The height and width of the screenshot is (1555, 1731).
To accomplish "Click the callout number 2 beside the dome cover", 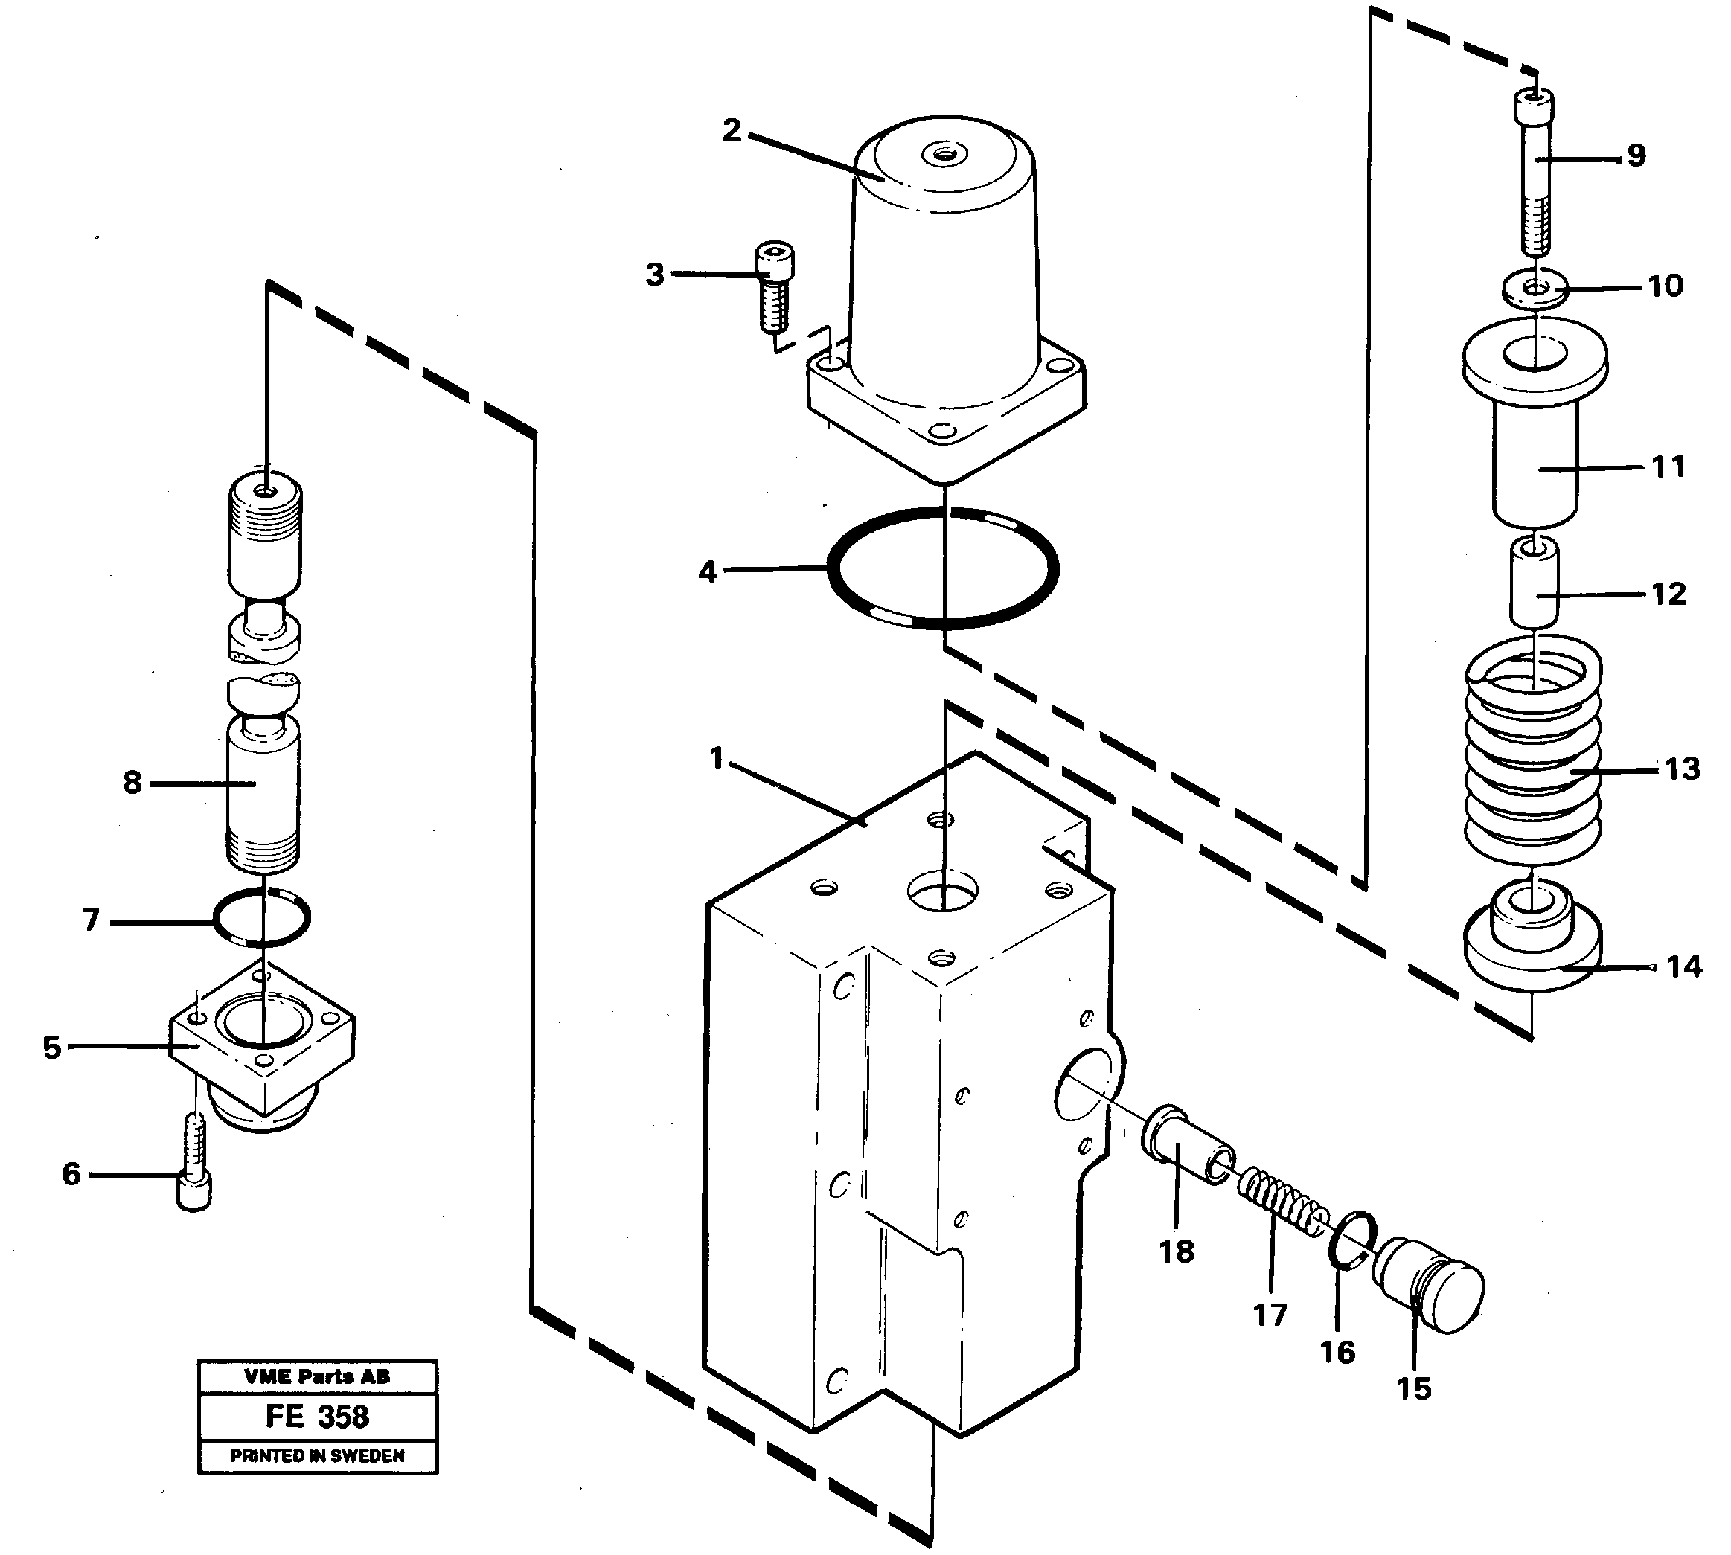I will pos(732,132).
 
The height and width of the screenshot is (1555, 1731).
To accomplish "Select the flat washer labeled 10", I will pos(1535,287).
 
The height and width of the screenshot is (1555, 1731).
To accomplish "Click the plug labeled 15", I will pos(1427,1283).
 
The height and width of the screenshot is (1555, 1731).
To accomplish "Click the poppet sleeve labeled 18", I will pos(1186,1142).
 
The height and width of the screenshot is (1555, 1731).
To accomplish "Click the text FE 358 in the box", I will pos(317,1417).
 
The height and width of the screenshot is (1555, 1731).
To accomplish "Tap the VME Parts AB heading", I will pos(317,1376).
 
